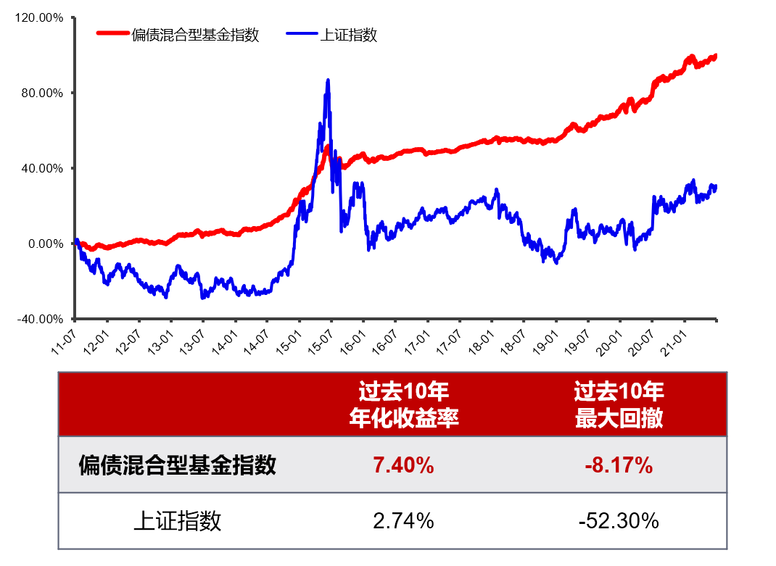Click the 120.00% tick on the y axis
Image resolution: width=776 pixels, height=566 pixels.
pyautogui.click(x=40, y=17)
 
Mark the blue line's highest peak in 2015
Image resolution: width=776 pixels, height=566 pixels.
pyautogui.click(x=328, y=80)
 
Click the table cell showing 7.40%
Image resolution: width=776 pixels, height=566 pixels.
pyautogui.click(x=404, y=465)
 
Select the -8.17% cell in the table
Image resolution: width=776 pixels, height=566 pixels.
pyautogui.click(x=619, y=465)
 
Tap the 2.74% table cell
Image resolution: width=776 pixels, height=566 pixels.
pyautogui.click(x=404, y=520)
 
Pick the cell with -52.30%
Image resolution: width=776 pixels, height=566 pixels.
pyautogui.click(x=619, y=520)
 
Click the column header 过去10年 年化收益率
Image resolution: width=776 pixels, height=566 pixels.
pyautogui.click(x=404, y=405)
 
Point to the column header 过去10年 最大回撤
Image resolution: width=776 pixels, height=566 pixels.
pyautogui.click(x=619, y=405)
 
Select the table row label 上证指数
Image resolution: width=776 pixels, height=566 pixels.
pyautogui.click(x=178, y=520)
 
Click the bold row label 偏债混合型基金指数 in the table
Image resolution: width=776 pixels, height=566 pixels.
pyautogui.click(x=178, y=465)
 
